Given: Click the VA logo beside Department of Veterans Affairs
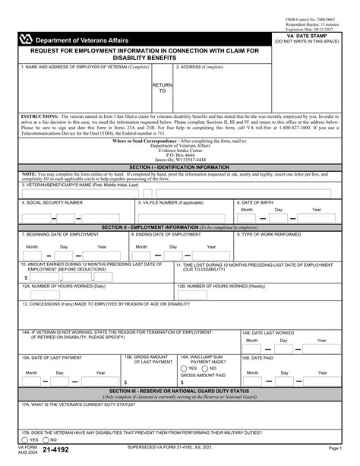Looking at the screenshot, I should point(27,39).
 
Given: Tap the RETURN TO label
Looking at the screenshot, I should point(163,88).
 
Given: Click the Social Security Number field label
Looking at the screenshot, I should point(52,203).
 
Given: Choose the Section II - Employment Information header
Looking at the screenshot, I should point(179,227).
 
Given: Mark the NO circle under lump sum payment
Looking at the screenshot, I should point(206,367).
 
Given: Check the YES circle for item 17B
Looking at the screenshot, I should point(26,439).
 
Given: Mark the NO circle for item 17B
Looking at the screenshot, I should point(45,439).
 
